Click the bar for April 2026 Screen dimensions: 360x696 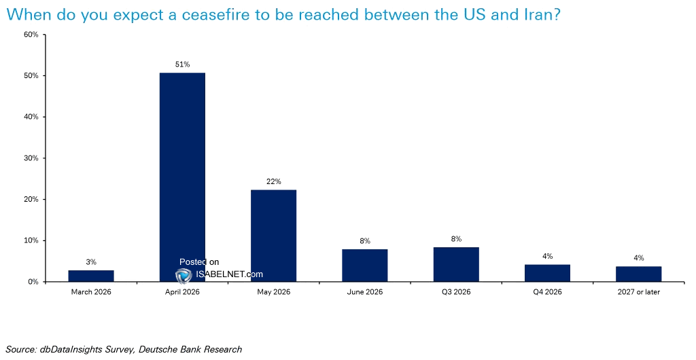pos(182,177)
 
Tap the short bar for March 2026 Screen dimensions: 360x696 pos(91,276)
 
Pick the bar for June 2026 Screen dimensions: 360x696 pos(364,265)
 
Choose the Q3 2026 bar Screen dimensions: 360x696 pos(455,264)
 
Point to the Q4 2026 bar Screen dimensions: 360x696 pos(547,273)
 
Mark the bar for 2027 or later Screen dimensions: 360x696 pos(638,274)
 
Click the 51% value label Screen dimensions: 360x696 pos(182,64)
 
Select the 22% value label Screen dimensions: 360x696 pos(273,181)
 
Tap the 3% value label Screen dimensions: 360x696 pos(91,262)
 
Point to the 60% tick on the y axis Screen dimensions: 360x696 pos(31,35)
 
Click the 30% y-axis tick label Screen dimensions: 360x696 pos(31,158)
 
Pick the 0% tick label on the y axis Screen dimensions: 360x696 pos(33,282)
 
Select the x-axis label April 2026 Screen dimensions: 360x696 pos(182,293)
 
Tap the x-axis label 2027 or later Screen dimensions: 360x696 pos(638,293)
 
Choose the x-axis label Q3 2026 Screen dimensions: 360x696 pos(455,293)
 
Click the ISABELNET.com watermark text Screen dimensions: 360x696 pos(229,275)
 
